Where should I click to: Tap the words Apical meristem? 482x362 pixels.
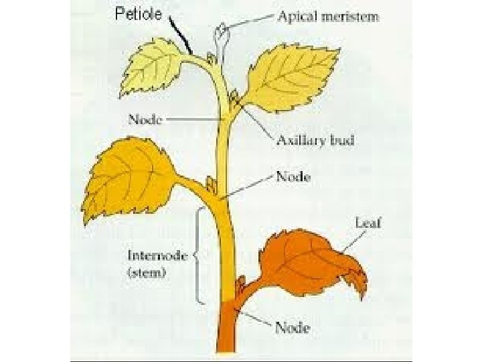tap(328, 17)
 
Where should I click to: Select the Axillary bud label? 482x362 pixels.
tap(315, 141)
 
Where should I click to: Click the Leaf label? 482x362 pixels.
tap(368, 223)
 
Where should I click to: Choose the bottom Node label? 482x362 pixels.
tap(293, 328)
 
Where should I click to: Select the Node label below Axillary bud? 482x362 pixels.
tap(293, 177)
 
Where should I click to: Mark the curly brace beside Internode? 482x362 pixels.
tap(198, 255)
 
